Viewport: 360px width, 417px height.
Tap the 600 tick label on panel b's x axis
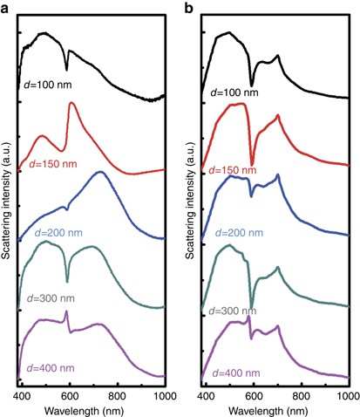(x=254, y=394)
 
